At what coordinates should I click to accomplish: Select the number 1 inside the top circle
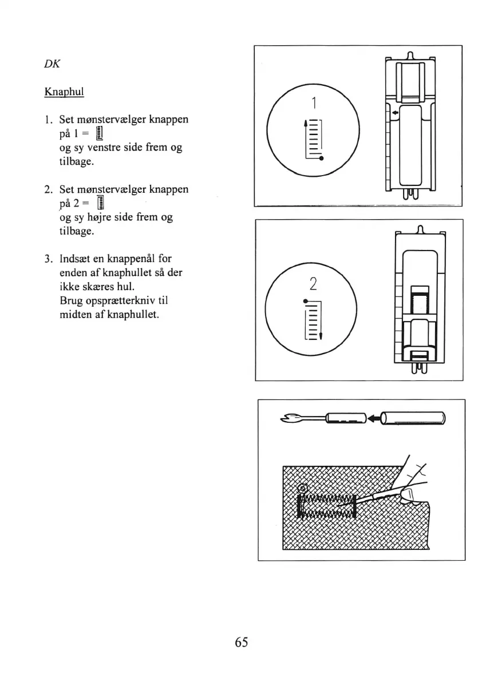pos(313,103)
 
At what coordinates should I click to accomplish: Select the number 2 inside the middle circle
pos(313,283)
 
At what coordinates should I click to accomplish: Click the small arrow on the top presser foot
pos(394,114)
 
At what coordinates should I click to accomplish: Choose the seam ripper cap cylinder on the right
pos(413,419)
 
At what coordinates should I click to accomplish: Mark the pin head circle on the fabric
pos(303,489)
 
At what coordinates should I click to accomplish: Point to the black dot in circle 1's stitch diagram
pos(322,158)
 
